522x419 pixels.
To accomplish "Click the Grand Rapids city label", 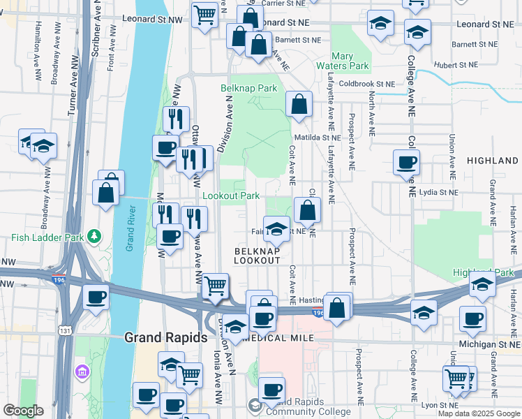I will pyautogui.click(x=165, y=337).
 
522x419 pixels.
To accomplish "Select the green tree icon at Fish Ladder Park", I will pyautogui.click(x=94, y=237).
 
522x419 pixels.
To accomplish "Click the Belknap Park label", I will pyautogui.click(x=249, y=88).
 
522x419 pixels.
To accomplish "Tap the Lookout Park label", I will pyautogui.click(x=231, y=196).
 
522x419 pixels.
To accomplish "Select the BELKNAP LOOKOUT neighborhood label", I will pyautogui.click(x=257, y=255).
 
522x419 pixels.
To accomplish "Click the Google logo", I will pyautogui.click(x=23, y=411).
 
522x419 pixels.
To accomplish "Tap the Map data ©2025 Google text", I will pyautogui.click(x=479, y=413).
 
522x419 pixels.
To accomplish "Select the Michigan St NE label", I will pyautogui.click(x=490, y=345).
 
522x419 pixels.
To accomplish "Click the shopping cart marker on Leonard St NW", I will pyautogui.click(x=204, y=15).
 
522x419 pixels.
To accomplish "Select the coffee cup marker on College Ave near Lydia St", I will pyautogui.click(x=406, y=163).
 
